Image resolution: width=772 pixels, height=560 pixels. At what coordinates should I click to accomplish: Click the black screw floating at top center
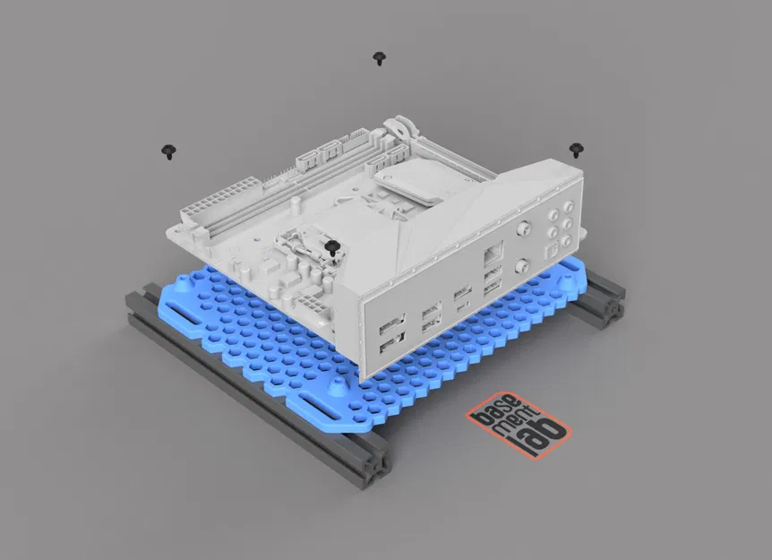click(380, 59)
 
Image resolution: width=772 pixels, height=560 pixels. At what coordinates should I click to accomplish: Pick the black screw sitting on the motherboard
click(332, 248)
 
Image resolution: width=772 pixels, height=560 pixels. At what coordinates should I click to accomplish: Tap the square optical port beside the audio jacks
click(553, 243)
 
